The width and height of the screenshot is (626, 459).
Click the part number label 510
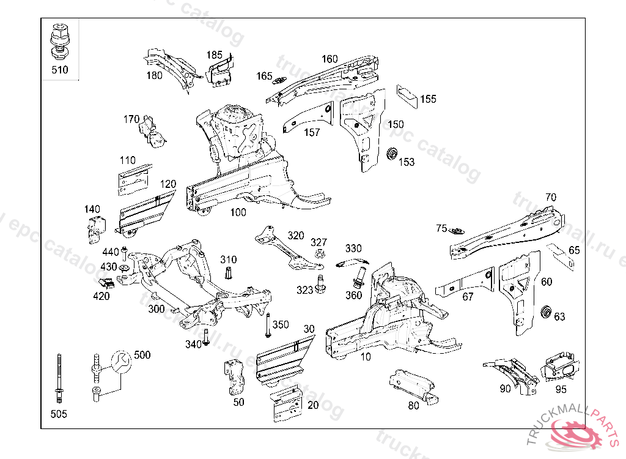(59, 70)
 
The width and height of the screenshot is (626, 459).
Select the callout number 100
(238, 212)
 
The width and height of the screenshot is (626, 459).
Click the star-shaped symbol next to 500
(120, 362)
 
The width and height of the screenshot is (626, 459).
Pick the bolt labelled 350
(268, 325)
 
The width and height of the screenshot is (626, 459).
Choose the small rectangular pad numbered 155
(407, 95)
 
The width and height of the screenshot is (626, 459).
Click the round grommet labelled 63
(547, 312)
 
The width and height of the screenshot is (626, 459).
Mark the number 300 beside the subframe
(156, 309)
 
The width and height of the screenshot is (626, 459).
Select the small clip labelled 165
(281, 80)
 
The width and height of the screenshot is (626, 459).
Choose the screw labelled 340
(206, 337)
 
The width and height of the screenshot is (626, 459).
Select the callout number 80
(413, 405)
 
